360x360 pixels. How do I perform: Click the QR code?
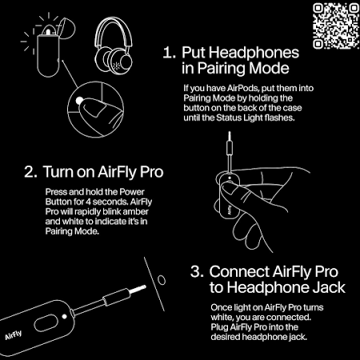tap(336, 26)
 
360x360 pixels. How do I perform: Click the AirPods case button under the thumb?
tap(79, 101)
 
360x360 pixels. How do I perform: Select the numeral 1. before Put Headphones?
tap(169, 53)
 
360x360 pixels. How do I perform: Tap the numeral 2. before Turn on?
tap(30, 172)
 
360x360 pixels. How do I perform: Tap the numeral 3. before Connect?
tap(197, 272)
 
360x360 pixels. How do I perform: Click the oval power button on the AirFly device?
tap(46, 323)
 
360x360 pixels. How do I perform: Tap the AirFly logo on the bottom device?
tap(14, 335)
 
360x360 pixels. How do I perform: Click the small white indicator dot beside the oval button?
tap(64, 317)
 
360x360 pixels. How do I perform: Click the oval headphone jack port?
tap(162, 280)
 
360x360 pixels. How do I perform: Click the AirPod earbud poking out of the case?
tap(48, 30)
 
